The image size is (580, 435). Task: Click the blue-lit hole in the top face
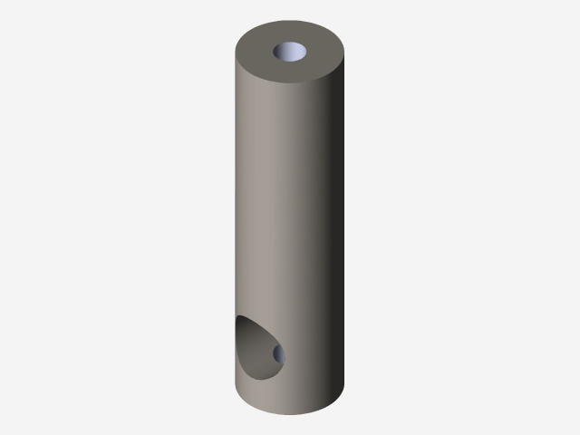pos(291,52)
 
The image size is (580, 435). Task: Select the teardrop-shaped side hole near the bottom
pos(258,349)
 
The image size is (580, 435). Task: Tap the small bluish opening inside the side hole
pos(279,353)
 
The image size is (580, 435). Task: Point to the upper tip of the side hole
pos(240,318)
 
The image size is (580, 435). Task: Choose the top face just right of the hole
pos(324,53)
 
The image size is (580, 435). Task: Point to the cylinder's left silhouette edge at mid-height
pos(237,217)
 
